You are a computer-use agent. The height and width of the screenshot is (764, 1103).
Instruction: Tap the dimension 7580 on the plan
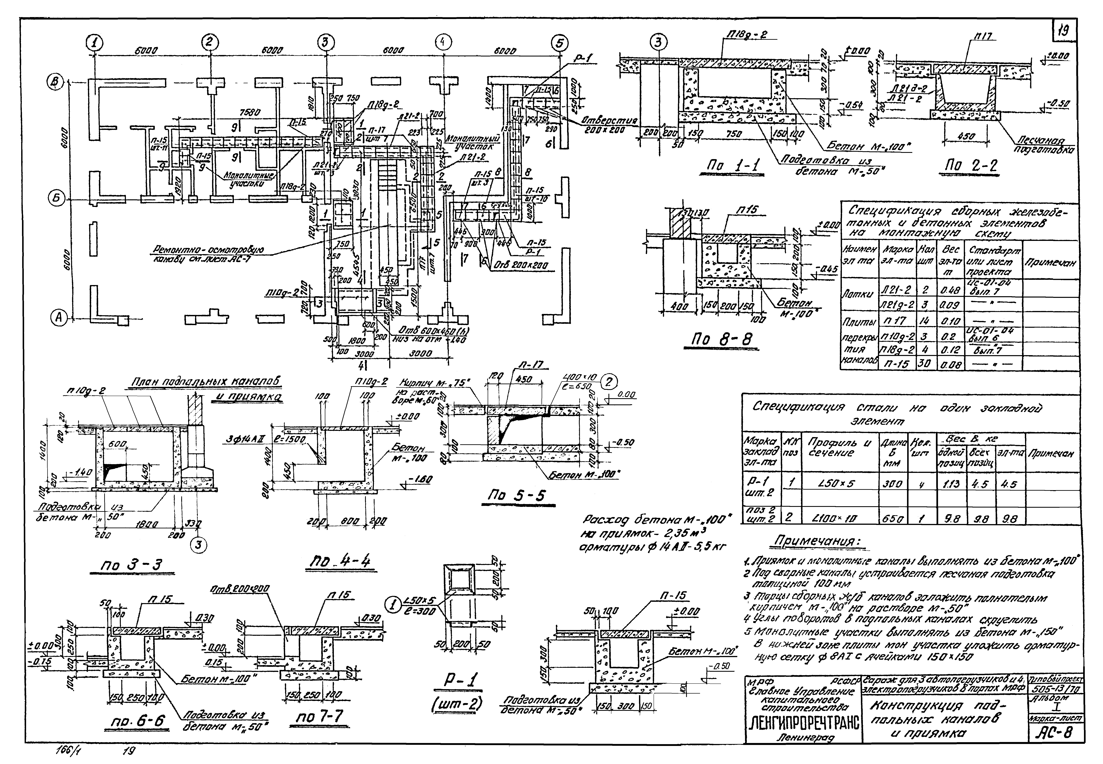[250, 113]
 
